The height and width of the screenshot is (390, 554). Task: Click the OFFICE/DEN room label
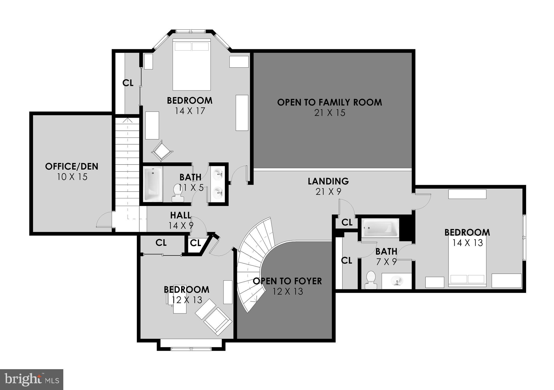(72, 166)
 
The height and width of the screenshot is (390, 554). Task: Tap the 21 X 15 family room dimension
(329, 113)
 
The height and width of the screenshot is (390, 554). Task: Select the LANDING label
(328, 181)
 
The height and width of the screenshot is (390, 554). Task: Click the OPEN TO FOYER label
(287, 281)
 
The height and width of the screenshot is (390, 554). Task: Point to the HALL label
(181, 215)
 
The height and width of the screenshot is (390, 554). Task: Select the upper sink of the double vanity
(218, 174)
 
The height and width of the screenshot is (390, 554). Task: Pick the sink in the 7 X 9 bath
(397, 281)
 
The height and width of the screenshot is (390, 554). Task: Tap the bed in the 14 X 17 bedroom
(192, 64)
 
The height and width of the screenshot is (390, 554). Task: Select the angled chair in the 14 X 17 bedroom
(162, 151)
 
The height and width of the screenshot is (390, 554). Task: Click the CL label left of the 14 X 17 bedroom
(128, 83)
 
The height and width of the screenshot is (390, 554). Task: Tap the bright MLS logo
(32, 379)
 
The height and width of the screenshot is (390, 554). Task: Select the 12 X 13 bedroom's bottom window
(191, 349)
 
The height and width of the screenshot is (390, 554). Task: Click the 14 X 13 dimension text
(467, 243)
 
